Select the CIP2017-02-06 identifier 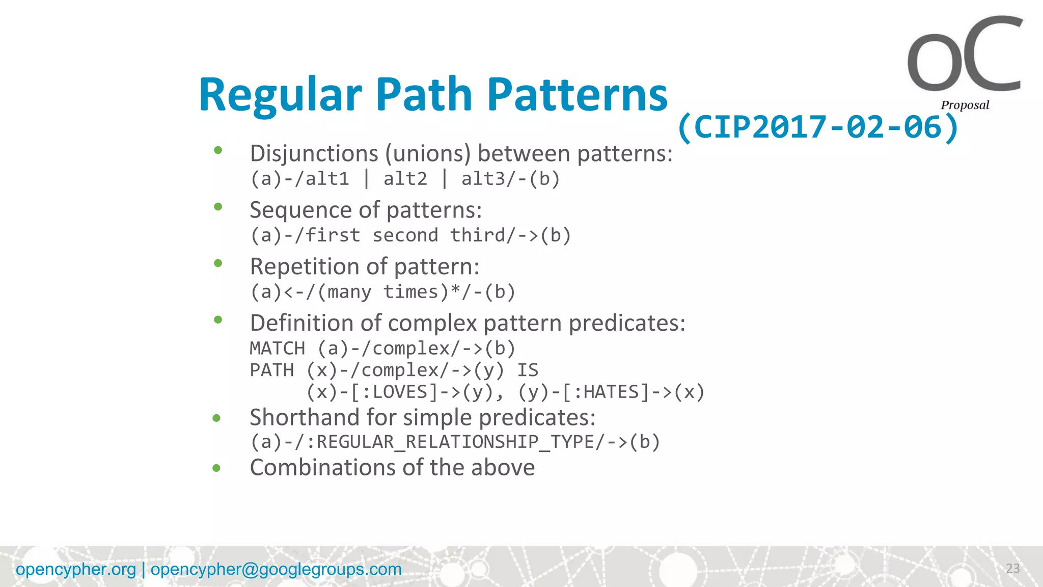coord(818,127)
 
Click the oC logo coord(964,55)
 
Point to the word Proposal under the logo coord(965,105)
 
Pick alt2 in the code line coord(405,179)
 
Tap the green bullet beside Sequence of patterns coord(218,207)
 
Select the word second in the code coord(405,235)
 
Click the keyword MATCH coord(277,349)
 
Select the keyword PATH coord(271,370)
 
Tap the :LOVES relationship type coord(395,392)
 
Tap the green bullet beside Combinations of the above coord(216,468)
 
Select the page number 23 coord(1012,569)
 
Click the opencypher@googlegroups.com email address coord(276,569)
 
